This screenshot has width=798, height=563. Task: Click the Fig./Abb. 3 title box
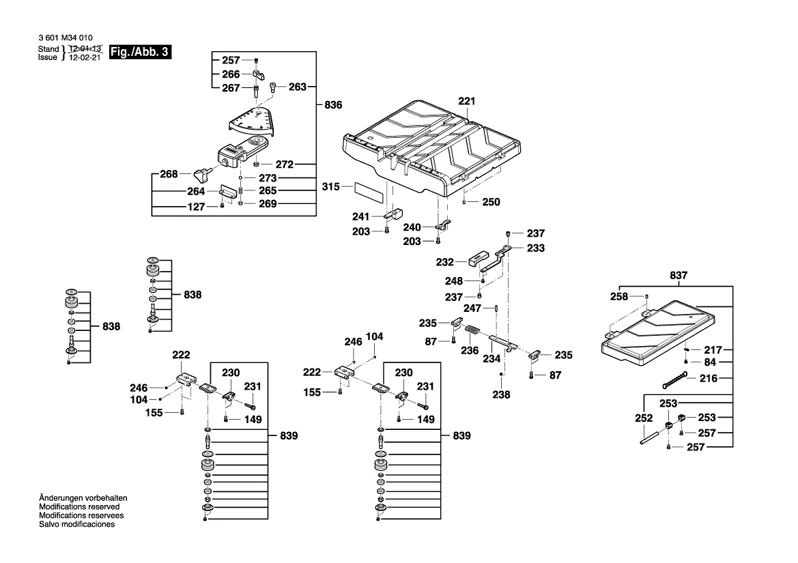139,53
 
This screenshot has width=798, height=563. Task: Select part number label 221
466,102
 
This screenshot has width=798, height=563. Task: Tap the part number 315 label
331,186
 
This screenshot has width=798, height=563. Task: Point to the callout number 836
332,105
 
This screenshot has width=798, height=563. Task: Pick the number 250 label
491,202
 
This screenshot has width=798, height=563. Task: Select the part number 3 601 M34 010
65,38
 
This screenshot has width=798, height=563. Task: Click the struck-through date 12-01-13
85,49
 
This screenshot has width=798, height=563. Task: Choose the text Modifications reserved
79,507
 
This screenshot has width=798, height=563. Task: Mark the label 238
502,394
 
